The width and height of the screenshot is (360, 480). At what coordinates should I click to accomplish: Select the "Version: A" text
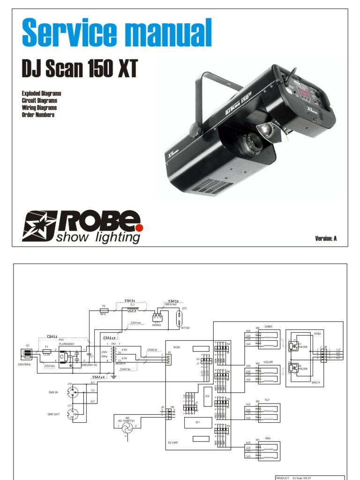326,239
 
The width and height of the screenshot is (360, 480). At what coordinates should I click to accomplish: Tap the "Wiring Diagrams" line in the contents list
39,108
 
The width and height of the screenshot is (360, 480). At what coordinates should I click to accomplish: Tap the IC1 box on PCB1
198,423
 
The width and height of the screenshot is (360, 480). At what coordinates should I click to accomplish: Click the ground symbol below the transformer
112,376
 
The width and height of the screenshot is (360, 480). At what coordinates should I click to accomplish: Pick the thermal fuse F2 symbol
104,310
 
